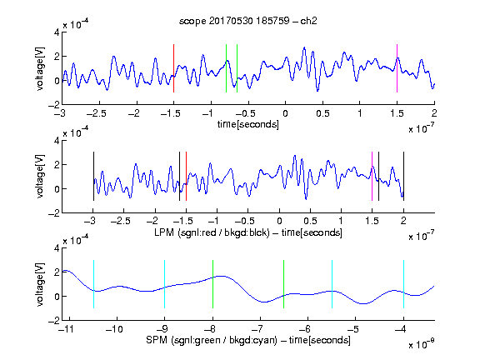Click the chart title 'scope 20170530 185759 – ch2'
[248, 21]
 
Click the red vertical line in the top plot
[173, 68]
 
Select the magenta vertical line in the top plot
[397, 68]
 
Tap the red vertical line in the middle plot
[186, 177]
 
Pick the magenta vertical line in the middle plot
[372, 177]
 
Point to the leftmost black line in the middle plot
[93, 177]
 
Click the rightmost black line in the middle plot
[403, 177]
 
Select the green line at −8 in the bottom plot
[212, 284]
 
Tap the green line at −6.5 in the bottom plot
[284, 284]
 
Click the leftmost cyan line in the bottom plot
[93, 284]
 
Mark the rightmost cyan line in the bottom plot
[403, 284]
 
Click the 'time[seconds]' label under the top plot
[248, 124]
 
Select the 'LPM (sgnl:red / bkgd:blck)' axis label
[212, 232]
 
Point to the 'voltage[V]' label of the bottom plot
[40, 284]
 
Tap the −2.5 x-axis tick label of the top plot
[97, 113]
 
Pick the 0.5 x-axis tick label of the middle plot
[310, 221]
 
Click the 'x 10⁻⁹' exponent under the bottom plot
[422, 344]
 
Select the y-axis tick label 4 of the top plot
[57, 32]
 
